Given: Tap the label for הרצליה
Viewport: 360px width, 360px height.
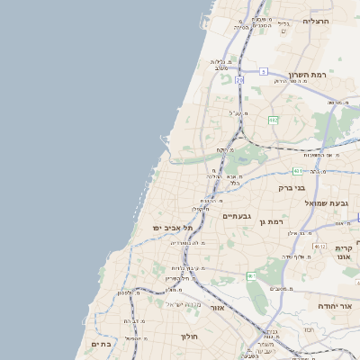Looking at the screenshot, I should (317, 21).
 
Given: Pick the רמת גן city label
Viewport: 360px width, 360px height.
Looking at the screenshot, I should (270, 220).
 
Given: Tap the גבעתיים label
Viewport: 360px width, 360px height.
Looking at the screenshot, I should (236, 215).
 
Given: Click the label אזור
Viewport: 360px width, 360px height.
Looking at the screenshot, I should (217, 308).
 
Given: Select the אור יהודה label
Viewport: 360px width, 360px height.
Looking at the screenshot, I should (335, 306).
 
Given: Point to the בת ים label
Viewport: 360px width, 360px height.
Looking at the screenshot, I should (101, 343).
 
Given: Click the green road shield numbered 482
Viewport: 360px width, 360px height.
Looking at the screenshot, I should (272, 120).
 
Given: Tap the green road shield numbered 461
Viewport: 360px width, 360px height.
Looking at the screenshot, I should (252, 275).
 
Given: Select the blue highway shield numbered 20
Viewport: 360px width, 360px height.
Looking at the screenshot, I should (239, 81).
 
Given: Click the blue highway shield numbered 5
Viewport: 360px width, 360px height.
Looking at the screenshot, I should (263, 70).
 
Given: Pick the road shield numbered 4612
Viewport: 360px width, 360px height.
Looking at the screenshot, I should (319, 246).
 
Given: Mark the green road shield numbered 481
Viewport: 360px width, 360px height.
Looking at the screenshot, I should (298, 170).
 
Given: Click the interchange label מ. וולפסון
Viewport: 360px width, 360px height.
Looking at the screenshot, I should (130, 292).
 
